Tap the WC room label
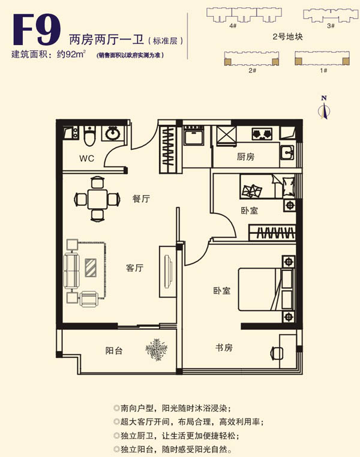coord(88,158)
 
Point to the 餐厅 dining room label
coord(141,199)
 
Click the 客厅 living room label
coord(134,268)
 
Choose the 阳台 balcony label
coord(114,350)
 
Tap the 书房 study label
coord(224,347)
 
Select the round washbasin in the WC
coord(112,133)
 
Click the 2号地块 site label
coord(287,37)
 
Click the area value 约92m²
coord(71,55)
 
